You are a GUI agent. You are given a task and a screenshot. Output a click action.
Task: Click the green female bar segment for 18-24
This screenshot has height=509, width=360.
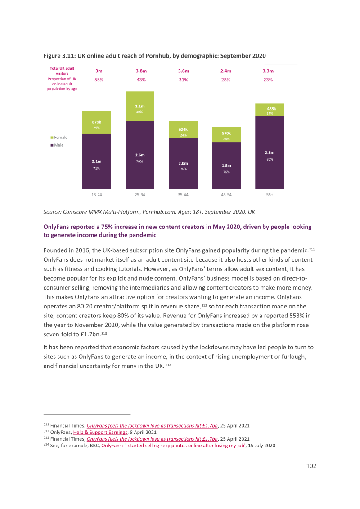coord(96,122)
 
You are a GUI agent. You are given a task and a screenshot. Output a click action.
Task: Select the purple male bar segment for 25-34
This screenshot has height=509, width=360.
coord(139,155)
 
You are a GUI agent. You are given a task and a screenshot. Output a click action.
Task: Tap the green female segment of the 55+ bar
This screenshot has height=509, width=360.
coord(270,110)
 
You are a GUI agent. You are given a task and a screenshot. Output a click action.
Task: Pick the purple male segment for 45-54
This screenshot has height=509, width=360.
coord(226,165)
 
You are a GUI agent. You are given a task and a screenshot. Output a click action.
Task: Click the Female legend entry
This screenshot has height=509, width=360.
coord(59,138)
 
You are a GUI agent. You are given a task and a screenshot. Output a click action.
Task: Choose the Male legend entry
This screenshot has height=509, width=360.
coord(57,145)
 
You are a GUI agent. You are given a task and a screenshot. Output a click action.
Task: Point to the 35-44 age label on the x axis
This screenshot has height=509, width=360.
coord(183,195)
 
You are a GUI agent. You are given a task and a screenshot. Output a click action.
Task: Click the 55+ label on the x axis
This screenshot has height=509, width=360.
coord(270,195)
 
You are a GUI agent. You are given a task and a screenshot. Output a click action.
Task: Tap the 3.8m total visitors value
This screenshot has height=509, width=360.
coord(141,71)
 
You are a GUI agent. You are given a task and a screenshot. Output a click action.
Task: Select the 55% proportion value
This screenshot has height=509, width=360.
coord(99,80)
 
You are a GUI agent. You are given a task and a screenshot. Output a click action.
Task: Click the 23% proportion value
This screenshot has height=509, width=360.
coord(268,80)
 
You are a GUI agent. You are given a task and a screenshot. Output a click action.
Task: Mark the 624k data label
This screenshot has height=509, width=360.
coord(183,129)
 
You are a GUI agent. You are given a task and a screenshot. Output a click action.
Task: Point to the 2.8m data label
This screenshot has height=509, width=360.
coord(270,152)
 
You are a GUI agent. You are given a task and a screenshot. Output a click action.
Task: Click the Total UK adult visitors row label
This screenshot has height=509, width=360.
coord(62,71)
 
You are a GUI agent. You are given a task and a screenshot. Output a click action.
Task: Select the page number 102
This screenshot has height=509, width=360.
coord(311,466)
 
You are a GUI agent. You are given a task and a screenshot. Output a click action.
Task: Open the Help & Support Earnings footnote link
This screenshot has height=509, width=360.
coord(100,433)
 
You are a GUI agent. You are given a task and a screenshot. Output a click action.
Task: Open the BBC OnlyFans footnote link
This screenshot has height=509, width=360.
coord(174,446)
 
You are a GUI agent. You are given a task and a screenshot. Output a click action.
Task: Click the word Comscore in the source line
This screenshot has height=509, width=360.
coord(74,212)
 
